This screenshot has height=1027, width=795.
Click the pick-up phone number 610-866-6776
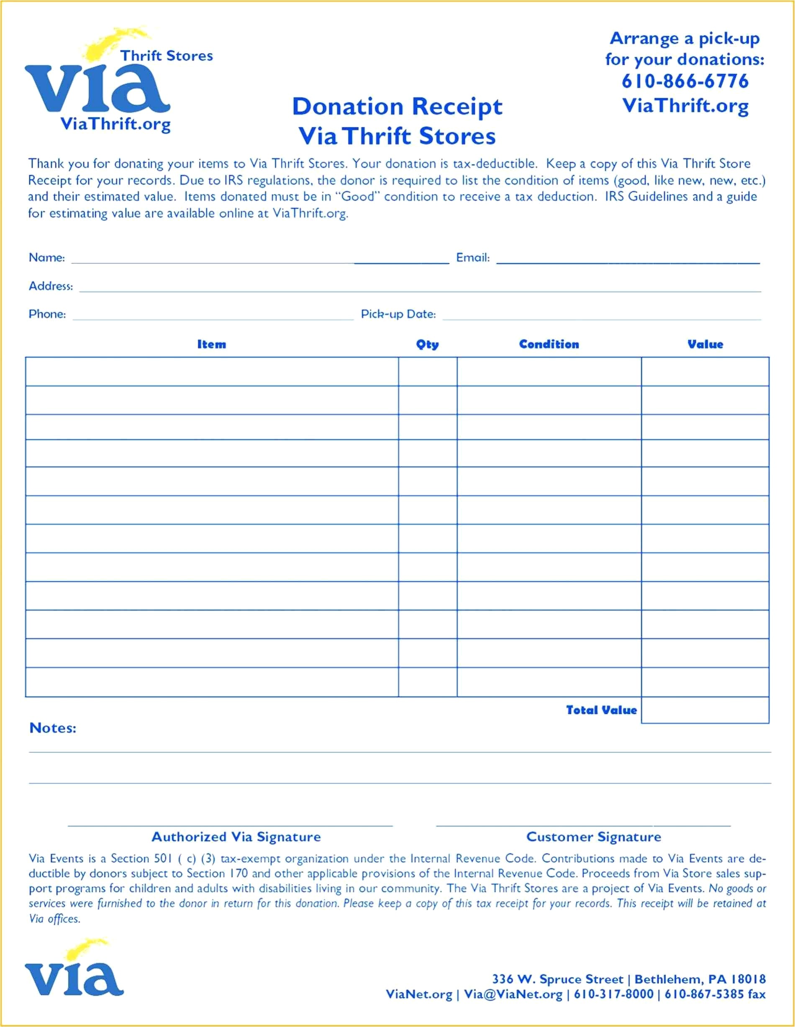(x=685, y=82)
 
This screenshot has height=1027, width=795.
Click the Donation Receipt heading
(x=397, y=107)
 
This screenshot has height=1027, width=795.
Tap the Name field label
(x=46, y=258)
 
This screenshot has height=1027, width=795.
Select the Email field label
(x=473, y=258)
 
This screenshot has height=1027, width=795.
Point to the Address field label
(x=51, y=286)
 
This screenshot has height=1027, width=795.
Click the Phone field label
(x=47, y=314)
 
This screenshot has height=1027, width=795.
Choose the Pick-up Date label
(x=398, y=314)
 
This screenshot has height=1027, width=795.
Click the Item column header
(x=211, y=345)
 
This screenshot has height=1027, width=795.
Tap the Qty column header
(x=427, y=345)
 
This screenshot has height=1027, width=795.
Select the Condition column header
(x=549, y=345)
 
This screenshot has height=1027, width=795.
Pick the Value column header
(x=705, y=345)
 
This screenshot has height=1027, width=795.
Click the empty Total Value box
(x=705, y=710)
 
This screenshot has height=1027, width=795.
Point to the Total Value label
(x=601, y=710)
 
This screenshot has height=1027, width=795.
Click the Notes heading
(x=53, y=728)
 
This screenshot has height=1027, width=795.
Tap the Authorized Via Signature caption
(x=236, y=837)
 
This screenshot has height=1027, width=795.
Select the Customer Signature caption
(x=593, y=837)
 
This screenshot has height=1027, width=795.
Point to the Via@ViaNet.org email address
(x=513, y=994)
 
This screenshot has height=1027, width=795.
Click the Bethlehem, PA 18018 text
(x=700, y=979)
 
